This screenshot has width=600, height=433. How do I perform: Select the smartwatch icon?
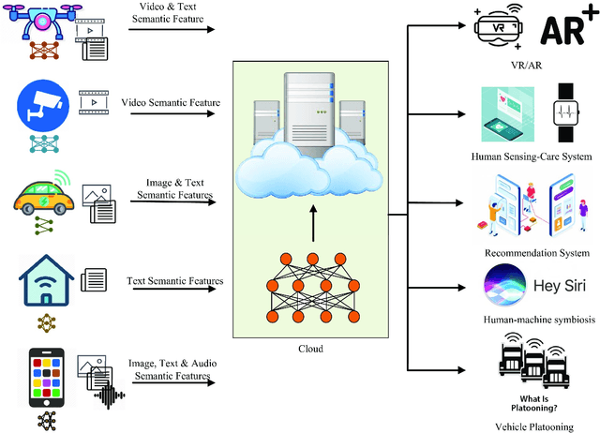[x=565, y=110]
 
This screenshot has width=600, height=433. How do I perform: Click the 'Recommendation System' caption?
[x=537, y=253]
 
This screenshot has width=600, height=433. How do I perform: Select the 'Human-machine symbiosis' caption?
[x=529, y=319]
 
